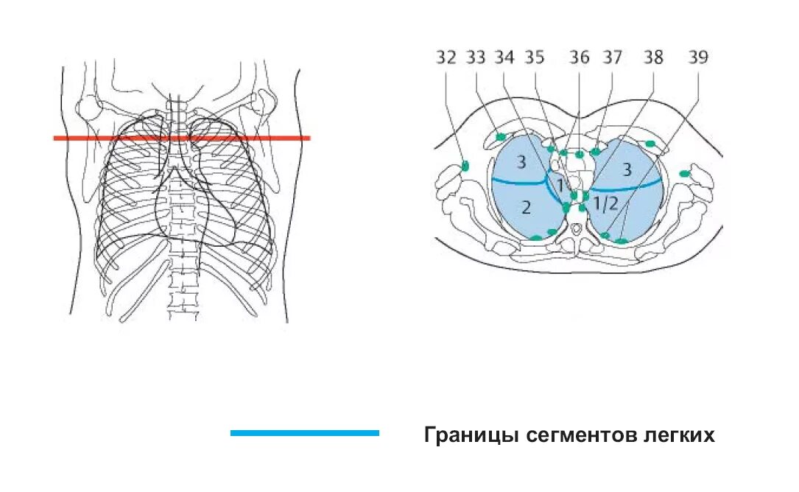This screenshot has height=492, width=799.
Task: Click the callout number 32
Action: point(446,58)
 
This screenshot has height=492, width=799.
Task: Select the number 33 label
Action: point(476,58)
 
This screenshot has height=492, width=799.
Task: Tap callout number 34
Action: point(505,58)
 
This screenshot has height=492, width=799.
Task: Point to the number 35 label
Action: point(535,58)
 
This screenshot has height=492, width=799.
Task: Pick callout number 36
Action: point(580,58)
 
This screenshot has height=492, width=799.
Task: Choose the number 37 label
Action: point(613,58)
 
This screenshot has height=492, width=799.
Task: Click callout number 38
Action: point(654,58)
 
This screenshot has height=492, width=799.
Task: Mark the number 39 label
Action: point(697,58)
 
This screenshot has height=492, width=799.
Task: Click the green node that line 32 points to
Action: point(465,166)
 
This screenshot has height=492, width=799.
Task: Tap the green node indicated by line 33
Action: point(501,137)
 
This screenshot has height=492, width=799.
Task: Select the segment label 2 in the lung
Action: point(526,208)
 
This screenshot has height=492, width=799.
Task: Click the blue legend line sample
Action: point(304,433)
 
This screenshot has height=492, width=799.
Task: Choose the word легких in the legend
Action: point(682,435)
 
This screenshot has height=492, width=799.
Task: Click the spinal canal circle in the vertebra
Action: point(575,236)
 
